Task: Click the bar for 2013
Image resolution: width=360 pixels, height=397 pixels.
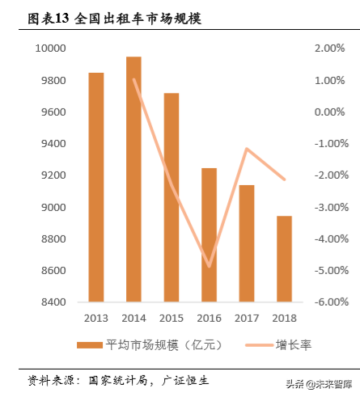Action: coord(96,188)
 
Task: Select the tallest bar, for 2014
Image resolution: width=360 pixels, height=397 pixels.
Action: coord(133,179)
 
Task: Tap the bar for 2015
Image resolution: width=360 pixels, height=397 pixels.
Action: coord(171,198)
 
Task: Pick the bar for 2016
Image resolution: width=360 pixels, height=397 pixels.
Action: coord(209,235)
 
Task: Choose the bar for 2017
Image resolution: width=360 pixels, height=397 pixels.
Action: coord(246,244)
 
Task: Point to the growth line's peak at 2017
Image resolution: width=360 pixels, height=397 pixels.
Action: coord(246,149)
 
